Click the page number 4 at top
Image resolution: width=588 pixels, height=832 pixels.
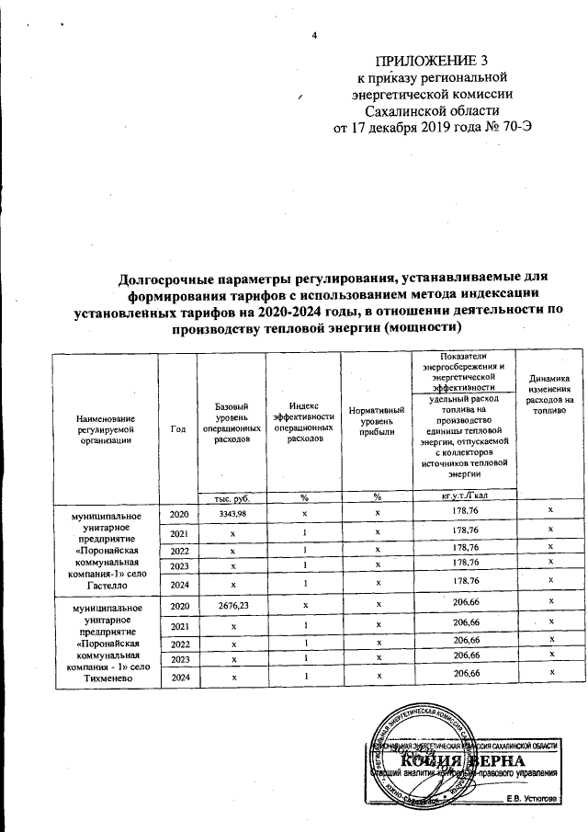(x=315, y=36)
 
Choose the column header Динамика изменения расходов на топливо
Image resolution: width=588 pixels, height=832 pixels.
(x=549, y=394)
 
